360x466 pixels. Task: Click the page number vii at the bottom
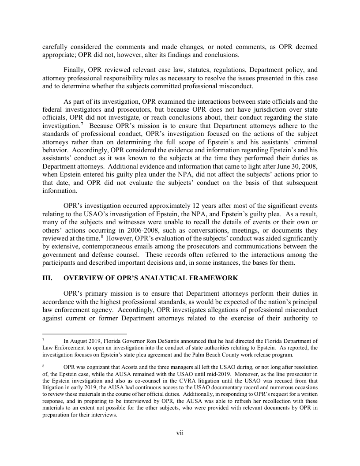click(180, 433)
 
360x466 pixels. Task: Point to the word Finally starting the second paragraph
click(74, 70)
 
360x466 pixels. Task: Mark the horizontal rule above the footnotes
click(84, 334)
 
